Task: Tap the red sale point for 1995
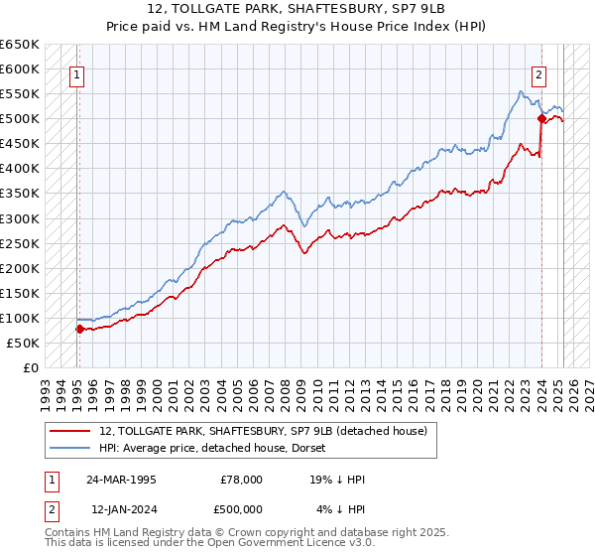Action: (x=78, y=329)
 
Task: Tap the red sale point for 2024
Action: (x=542, y=119)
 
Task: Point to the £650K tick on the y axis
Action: (x=20, y=45)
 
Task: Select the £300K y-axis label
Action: (x=20, y=218)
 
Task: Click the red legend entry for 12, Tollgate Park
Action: (x=263, y=431)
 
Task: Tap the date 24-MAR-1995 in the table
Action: (x=122, y=480)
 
